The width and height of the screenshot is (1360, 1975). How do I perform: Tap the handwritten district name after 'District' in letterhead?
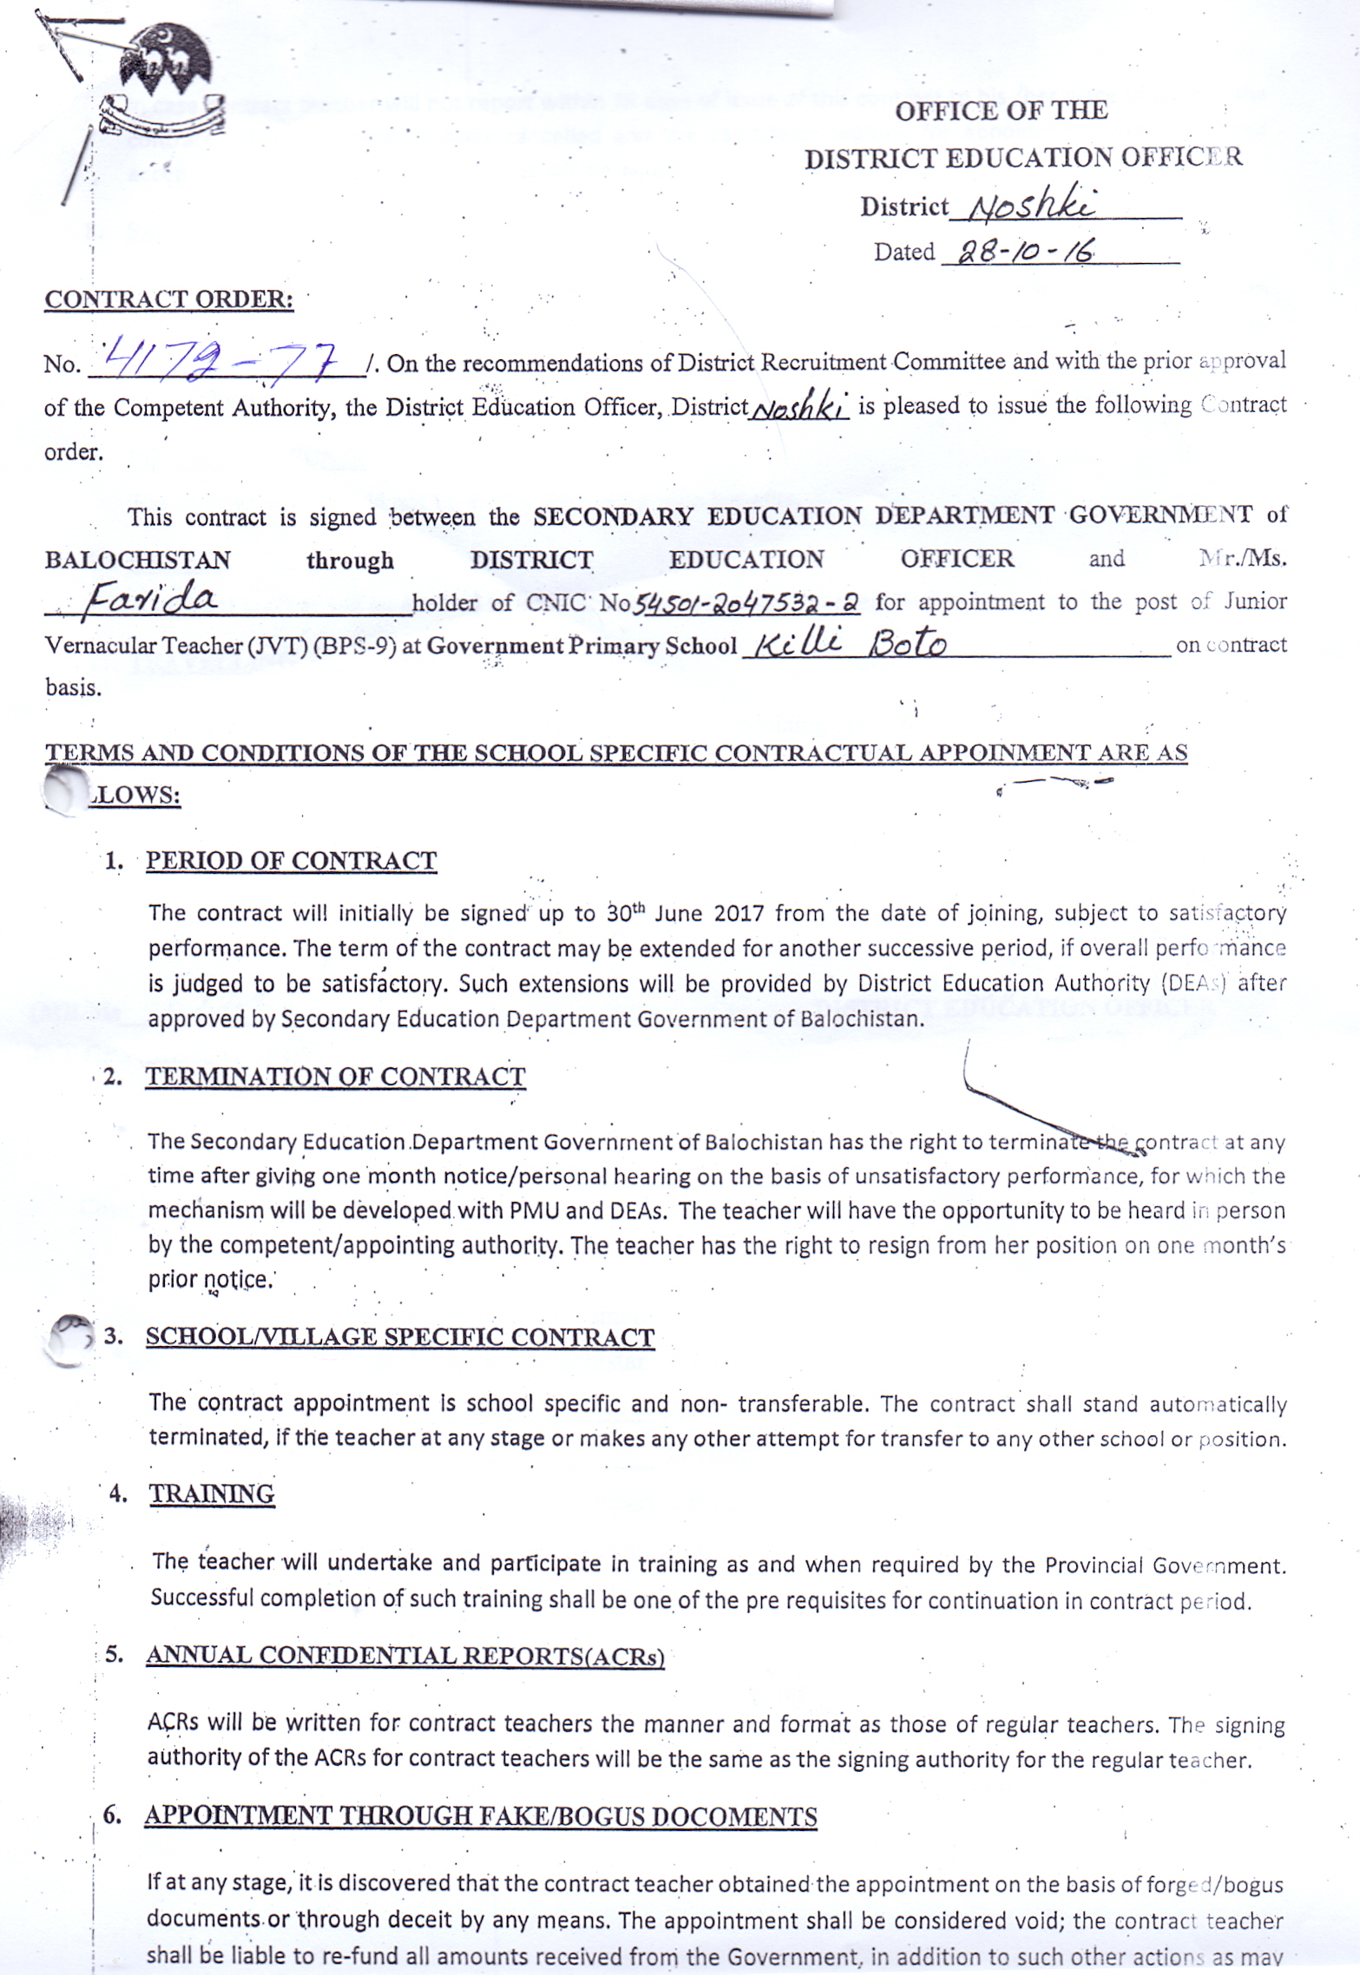click(x=1032, y=206)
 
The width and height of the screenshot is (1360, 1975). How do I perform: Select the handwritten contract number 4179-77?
click(x=220, y=358)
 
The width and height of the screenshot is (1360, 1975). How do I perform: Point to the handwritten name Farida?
click(x=149, y=600)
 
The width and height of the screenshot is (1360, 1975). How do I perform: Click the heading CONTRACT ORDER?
click(x=168, y=299)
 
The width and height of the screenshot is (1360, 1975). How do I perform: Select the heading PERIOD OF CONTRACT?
click(x=291, y=860)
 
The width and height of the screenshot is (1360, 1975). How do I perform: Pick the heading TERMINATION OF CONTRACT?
click(x=335, y=1076)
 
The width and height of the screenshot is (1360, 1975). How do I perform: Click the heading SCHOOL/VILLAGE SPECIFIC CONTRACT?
click(x=399, y=1336)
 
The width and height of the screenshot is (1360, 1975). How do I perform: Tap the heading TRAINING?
click(x=212, y=1493)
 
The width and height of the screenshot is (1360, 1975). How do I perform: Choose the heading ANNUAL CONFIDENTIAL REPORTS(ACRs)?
click(x=404, y=1655)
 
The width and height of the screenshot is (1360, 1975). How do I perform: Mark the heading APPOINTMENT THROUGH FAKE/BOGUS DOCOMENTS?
click(x=481, y=1816)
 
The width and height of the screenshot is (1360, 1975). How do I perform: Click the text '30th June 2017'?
click(x=686, y=913)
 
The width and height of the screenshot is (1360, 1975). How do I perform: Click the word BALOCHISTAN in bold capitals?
click(x=137, y=560)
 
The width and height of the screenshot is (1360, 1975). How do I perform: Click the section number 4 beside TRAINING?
click(x=117, y=1493)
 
